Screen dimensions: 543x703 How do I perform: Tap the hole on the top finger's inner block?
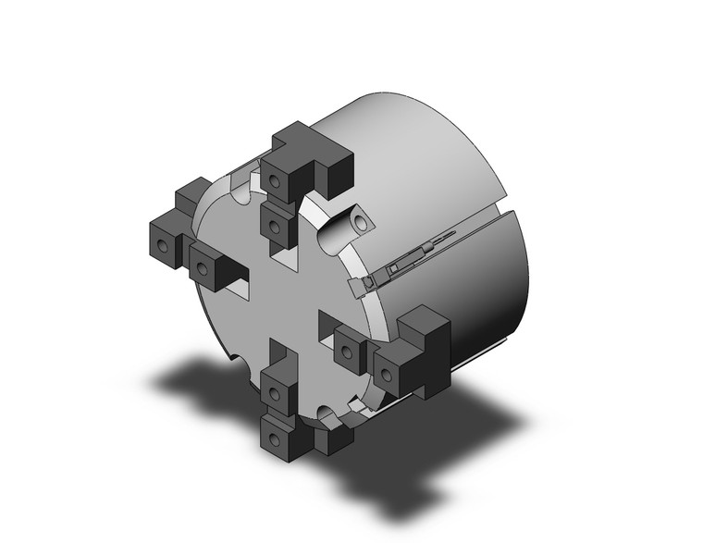[274, 225]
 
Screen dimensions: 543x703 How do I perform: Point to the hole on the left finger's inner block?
[201, 270]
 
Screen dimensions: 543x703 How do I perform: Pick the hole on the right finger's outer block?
[385, 374]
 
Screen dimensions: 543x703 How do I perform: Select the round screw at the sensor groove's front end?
[366, 281]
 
